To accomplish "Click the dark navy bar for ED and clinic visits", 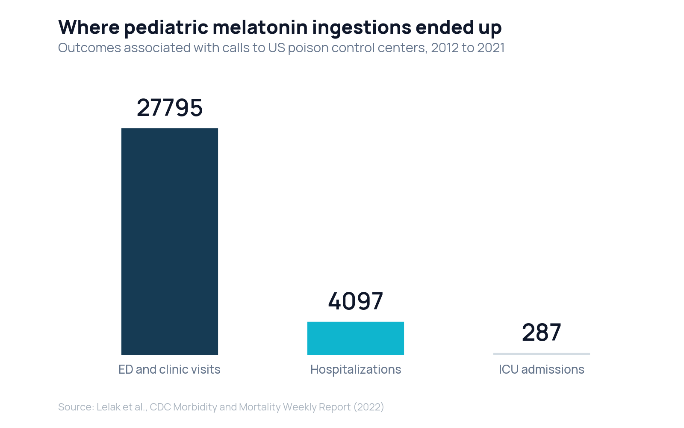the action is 170,241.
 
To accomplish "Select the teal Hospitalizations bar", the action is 356,339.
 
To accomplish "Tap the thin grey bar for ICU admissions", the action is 542,354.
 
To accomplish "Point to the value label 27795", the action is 170,107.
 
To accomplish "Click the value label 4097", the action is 356,301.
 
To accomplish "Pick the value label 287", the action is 542,332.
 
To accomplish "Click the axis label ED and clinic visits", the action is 169,369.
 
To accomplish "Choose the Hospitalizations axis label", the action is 356,370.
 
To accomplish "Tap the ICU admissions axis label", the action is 542,369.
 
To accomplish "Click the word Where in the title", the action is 89,27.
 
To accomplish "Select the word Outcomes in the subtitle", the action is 89,48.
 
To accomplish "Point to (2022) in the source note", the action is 369,407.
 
